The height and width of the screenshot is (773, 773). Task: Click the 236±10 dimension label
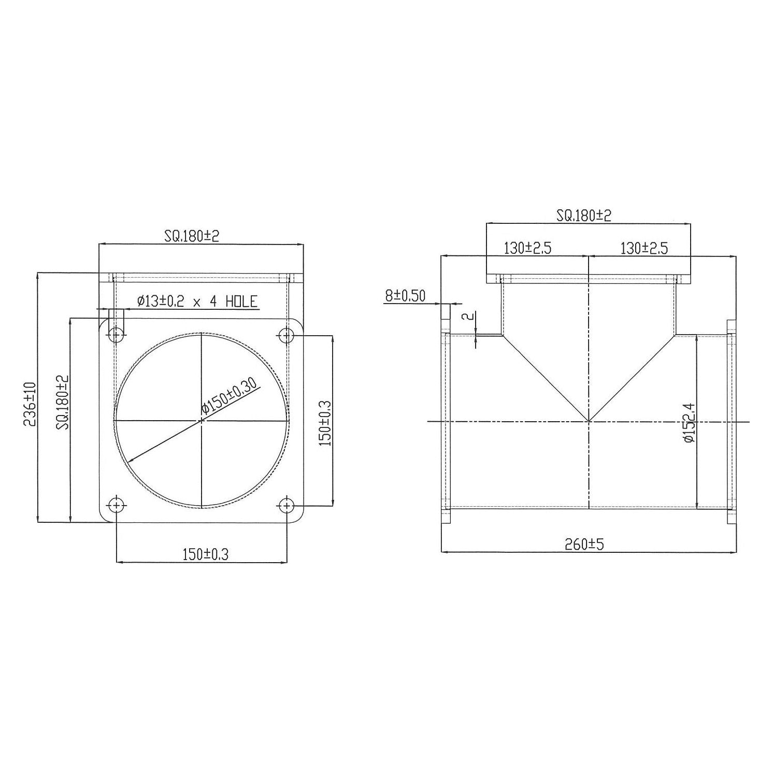coord(30,404)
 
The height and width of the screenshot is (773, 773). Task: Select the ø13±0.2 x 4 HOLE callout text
coord(197,302)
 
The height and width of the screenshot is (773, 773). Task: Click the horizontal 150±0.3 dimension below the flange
coord(205,555)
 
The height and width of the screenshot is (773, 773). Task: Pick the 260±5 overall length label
coord(585,544)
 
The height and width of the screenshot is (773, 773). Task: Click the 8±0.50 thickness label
coord(405,296)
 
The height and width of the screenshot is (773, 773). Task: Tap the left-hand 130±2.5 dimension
coord(527,249)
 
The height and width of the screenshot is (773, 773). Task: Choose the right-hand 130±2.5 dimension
coord(644,249)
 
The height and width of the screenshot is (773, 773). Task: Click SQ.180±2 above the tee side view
coord(584,216)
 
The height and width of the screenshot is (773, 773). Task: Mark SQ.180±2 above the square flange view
coord(192,236)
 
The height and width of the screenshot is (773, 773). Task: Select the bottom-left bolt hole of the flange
coord(117,505)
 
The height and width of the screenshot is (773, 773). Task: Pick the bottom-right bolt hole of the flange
coord(287,505)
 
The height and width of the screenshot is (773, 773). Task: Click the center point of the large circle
coord(201,420)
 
